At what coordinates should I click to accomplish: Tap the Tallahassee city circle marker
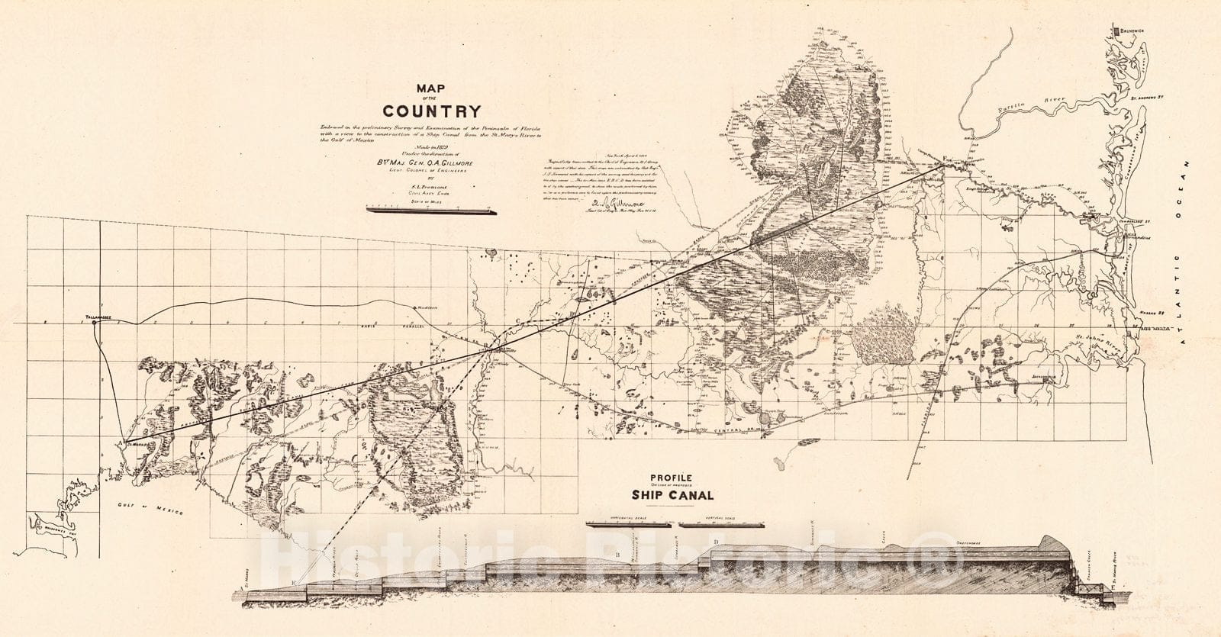(94, 323)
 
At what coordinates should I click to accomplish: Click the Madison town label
(426, 308)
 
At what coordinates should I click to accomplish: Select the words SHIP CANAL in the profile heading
(672, 495)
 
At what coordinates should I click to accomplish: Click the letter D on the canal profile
(715, 542)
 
